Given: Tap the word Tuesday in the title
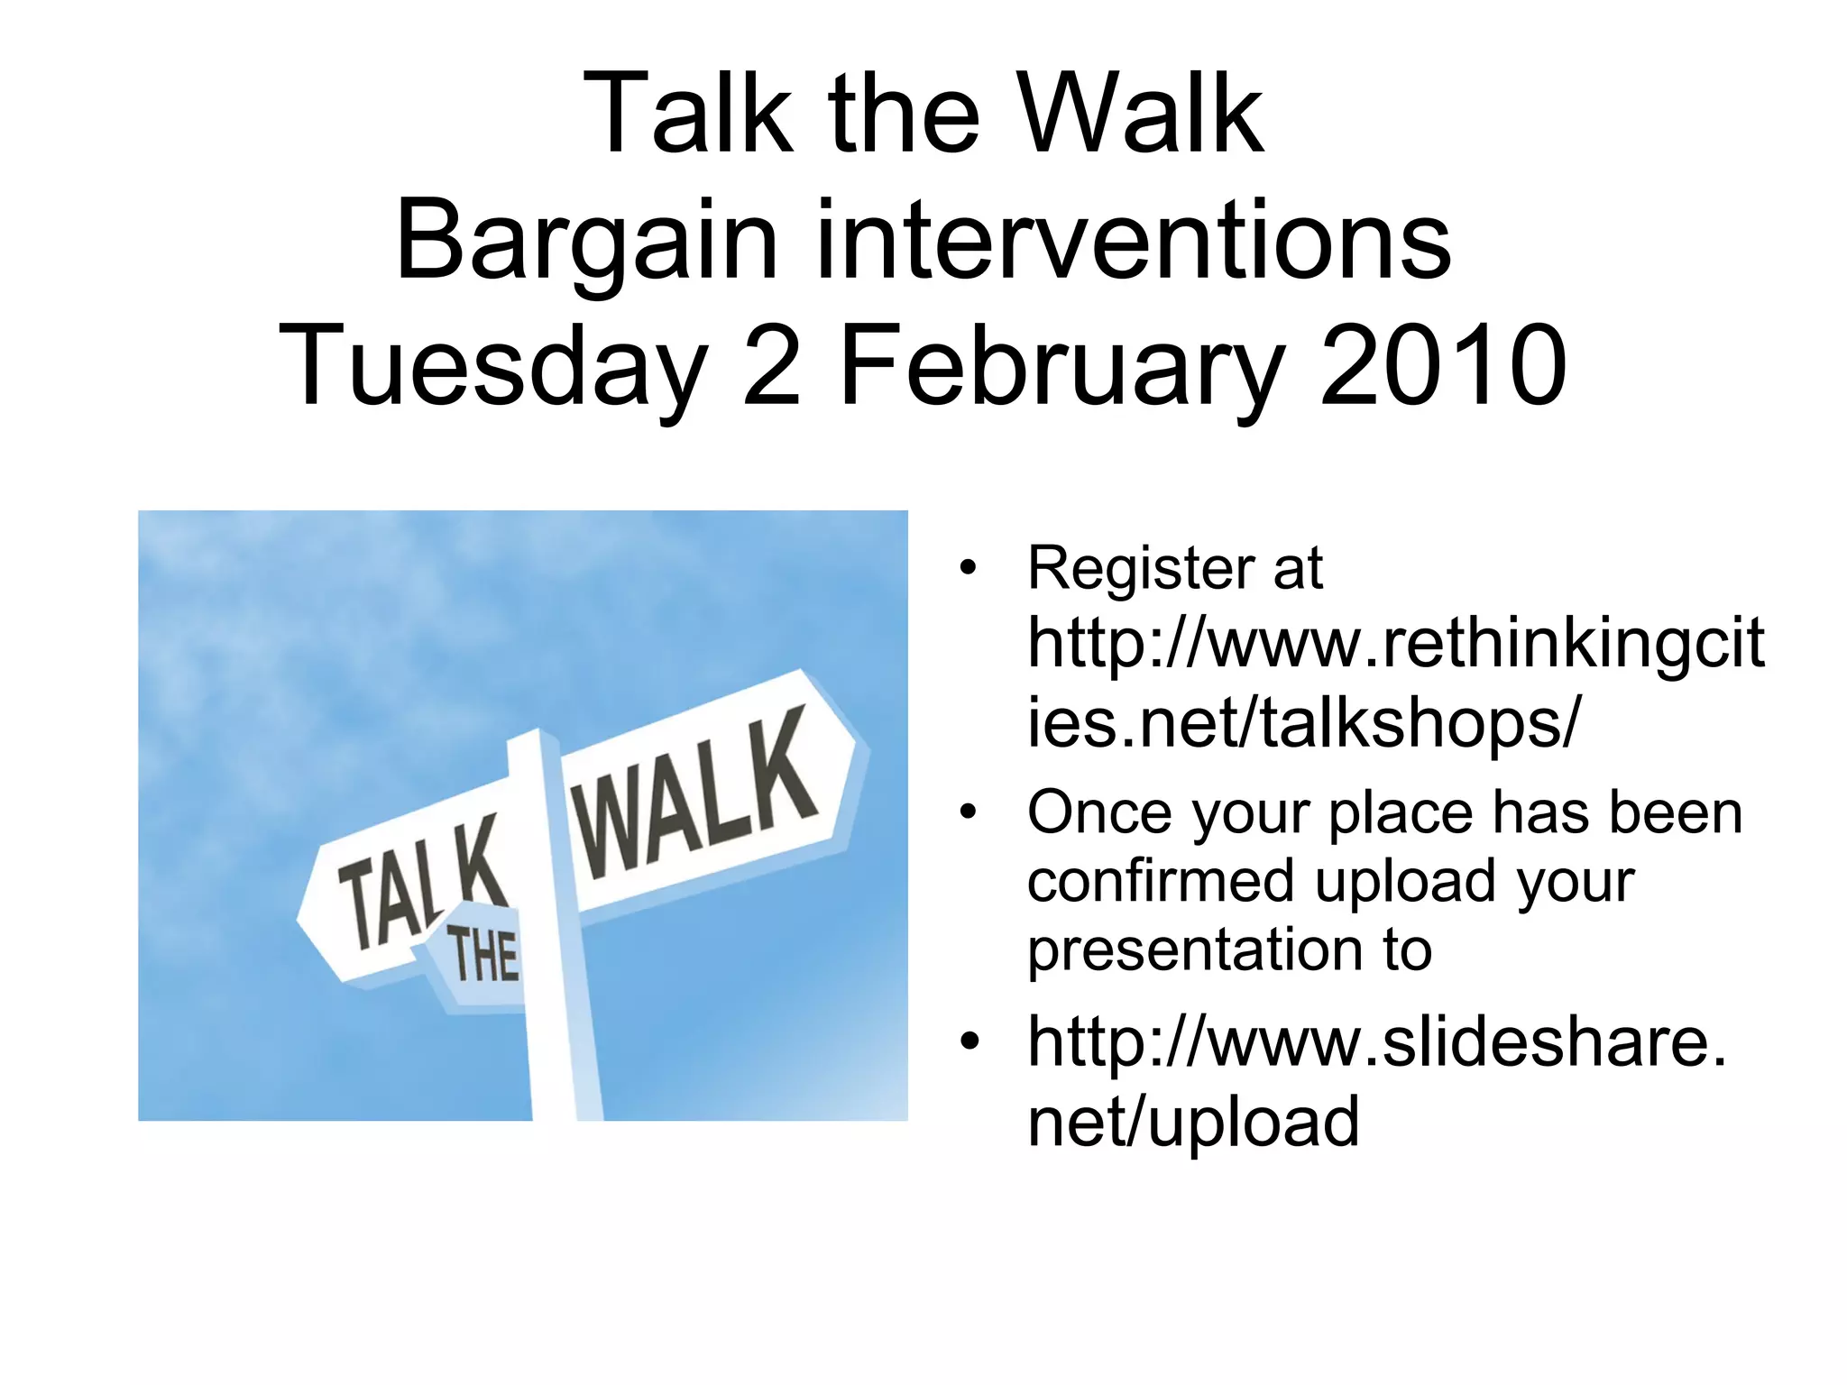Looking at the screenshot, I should pyautogui.click(x=492, y=366).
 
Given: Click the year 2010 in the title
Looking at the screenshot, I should pyautogui.click(x=1442, y=366).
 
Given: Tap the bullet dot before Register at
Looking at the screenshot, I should pyautogui.click(x=969, y=568).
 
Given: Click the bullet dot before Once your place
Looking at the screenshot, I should pyautogui.click(x=969, y=812).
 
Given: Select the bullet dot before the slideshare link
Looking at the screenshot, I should pyautogui.click(x=969, y=1041).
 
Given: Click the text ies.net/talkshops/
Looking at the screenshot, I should pyautogui.click(x=1302, y=723).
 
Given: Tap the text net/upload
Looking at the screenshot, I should pyautogui.click(x=1192, y=1122).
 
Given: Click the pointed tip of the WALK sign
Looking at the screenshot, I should pyautogui.click(x=866, y=745).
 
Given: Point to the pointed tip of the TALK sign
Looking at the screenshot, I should pyautogui.click(x=301, y=920).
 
